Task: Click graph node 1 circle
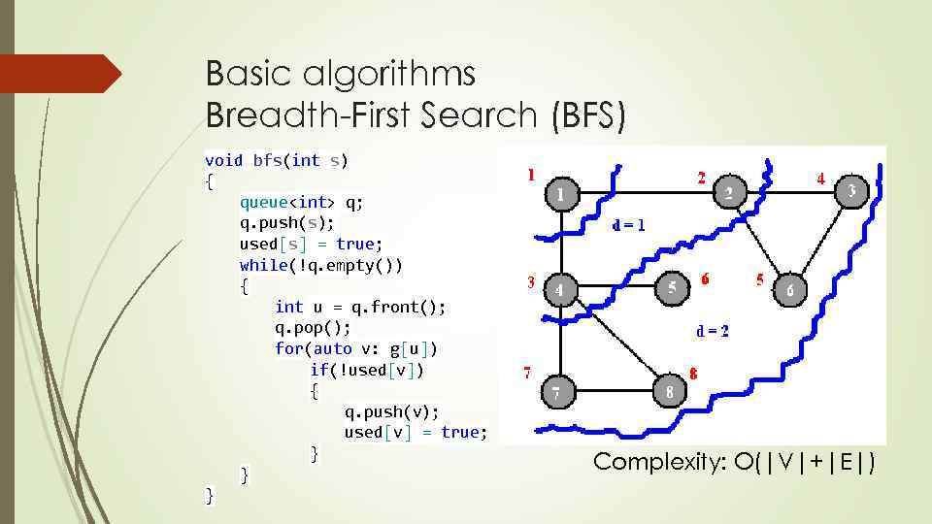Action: tap(560, 195)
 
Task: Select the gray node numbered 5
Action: tap(672, 287)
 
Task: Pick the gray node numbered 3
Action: tap(850, 190)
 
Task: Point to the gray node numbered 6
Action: tap(790, 289)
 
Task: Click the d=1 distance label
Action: tap(629, 225)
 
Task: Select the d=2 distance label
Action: tap(713, 330)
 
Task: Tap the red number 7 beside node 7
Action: tap(527, 372)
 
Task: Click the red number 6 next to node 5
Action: tap(704, 278)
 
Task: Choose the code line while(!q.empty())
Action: tap(321, 265)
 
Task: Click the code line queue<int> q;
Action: tap(302, 202)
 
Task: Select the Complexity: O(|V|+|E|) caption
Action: tap(733, 463)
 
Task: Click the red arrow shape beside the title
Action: tap(60, 74)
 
